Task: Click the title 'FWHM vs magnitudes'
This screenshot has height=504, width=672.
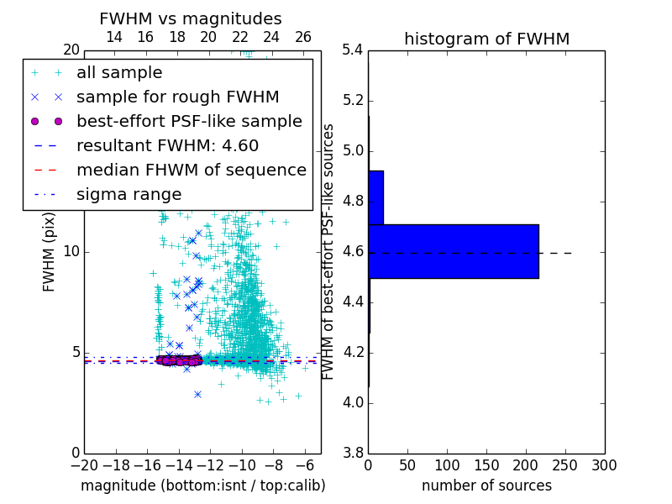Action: tap(191, 18)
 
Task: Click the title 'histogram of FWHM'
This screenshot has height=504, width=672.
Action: tap(486, 39)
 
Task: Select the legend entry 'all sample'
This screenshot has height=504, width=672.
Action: tap(119, 73)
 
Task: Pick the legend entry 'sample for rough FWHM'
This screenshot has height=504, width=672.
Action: tap(177, 97)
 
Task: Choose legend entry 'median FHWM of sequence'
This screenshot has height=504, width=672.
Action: tap(191, 170)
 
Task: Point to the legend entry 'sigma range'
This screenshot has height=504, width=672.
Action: tap(129, 194)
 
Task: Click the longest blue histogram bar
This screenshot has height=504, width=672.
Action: tap(454, 251)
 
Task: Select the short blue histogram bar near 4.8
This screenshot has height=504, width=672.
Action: tap(375, 197)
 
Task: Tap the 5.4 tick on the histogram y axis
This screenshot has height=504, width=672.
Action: tap(354, 50)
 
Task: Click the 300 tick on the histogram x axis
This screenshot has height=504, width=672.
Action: tap(604, 465)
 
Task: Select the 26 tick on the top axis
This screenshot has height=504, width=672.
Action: tap(303, 37)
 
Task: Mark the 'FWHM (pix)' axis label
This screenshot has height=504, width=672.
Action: tap(49, 253)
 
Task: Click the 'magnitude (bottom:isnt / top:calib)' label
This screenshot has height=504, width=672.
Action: tap(202, 486)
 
